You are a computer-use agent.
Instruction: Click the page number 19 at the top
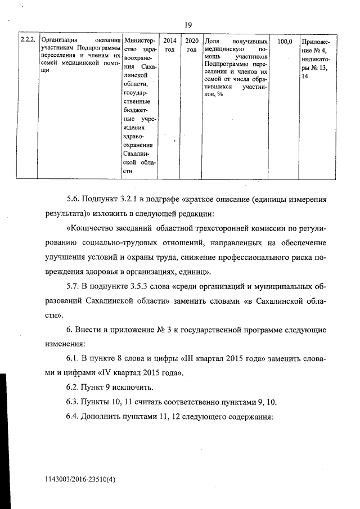pyautogui.click(x=188, y=25)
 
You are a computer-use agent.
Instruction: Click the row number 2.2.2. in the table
pyautogui.click(x=28, y=41)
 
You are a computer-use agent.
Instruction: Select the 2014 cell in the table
pyautogui.click(x=169, y=41)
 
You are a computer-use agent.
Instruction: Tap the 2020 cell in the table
pyautogui.click(x=191, y=41)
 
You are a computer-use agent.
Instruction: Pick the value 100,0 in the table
pyautogui.click(x=285, y=41)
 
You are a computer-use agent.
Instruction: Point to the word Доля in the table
pyautogui.click(x=211, y=41)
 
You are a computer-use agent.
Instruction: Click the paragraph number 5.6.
pyautogui.click(x=74, y=200)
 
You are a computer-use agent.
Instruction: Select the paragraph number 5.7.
pyautogui.click(x=74, y=286)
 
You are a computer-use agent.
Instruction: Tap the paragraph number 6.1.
pyautogui.click(x=74, y=359)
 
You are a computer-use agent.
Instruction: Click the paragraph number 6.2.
pyautogui.click(x=74, y=388)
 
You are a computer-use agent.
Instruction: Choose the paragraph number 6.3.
pyautogui.click(x=74, y=403)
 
